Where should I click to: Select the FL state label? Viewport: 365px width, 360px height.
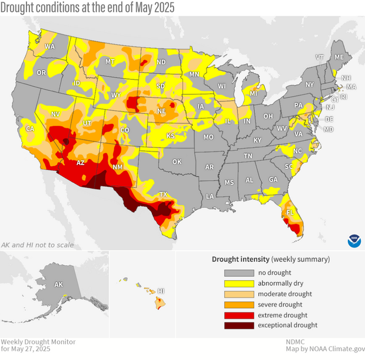click(x=289, y=210)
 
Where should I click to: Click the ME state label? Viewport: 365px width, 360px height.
click(x=339, y=57)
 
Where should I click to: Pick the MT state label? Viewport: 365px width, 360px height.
click(x=109, y=61)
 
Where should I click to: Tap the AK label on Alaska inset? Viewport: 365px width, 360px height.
click(x=58, y=285)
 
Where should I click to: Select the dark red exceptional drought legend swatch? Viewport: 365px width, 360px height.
click(x=238, y=325)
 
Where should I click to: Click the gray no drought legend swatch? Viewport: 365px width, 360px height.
click(x=238, y=272)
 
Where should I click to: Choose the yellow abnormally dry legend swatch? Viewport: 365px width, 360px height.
click(x=238, y=283)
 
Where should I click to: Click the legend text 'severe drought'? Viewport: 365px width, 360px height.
click(x=280, y=304)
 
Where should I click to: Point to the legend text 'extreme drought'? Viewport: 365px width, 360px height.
click(x=282, y=315)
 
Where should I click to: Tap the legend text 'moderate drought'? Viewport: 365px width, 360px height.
click(x=285, y=293)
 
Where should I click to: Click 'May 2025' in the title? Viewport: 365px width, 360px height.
click(x=151, y=8)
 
